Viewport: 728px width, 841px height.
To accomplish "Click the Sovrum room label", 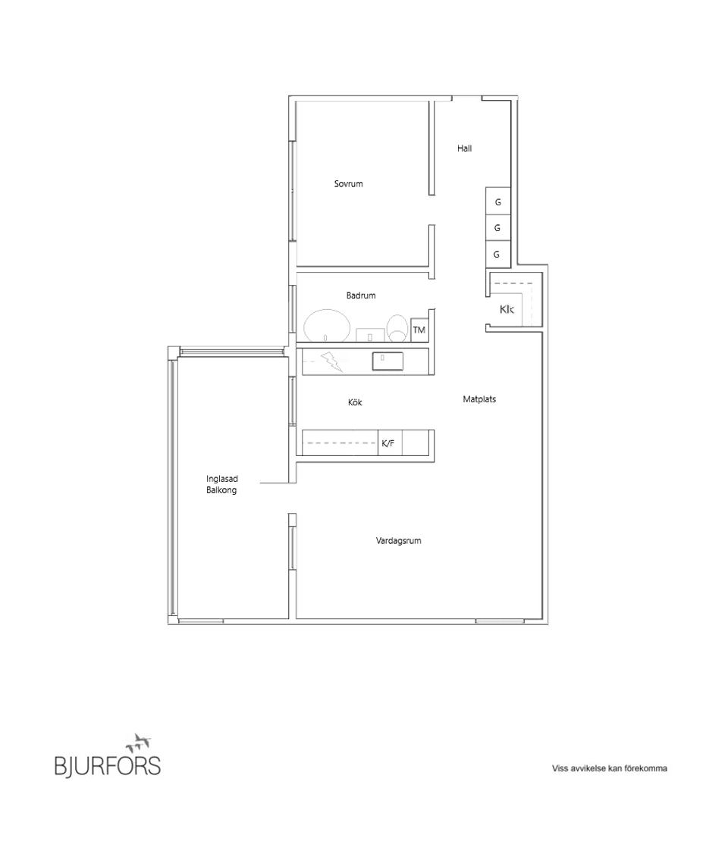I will [348, 184].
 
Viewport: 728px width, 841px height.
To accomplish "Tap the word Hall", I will [464, 149].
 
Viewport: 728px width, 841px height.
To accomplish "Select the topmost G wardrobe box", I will [497, 202].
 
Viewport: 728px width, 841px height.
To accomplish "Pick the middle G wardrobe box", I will [497, 228].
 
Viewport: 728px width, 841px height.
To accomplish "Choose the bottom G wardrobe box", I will [497, 255].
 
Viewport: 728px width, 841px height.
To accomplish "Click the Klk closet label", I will [507, 310].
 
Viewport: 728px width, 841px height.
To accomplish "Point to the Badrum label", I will [361, 295].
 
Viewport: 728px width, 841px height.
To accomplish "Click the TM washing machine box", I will [419, 330].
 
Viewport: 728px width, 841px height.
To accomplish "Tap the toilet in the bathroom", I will [397, 328].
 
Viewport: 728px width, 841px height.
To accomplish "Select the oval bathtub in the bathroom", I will [327, 327].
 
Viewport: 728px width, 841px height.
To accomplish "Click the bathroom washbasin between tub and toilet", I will [369, 334].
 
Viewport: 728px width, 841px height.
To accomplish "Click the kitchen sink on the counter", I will [388, 361].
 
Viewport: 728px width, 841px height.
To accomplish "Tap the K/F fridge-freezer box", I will [388, 443].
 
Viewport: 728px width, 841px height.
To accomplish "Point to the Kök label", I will [355, 402].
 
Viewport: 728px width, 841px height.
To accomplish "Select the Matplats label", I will [479, 399].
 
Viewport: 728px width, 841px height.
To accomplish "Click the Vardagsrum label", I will [398, 541].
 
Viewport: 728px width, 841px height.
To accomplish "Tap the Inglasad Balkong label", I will [221, 484].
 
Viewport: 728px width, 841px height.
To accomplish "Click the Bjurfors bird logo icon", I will [140, 742].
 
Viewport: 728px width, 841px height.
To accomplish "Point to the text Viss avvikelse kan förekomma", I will [609, 768].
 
